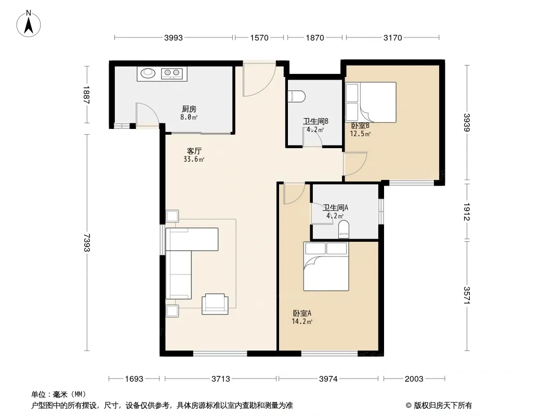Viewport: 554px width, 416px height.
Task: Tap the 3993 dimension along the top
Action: [174, 38]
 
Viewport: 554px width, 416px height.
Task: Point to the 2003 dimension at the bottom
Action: [414, 379]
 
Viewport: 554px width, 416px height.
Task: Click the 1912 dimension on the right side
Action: [467, 211]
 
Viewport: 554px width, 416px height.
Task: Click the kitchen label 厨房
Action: [189, 109]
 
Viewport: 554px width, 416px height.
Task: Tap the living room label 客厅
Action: [194, 151]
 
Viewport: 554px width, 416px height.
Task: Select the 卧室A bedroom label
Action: [302, 313]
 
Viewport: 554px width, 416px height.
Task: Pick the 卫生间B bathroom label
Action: [316, 121]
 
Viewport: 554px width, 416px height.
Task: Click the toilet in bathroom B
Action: [297, 97]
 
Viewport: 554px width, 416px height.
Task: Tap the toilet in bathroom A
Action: [344, 229]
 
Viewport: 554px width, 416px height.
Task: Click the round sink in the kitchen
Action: [148, 73]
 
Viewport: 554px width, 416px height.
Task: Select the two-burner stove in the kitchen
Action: [172, 73]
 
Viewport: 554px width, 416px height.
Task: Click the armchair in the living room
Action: [215, 304]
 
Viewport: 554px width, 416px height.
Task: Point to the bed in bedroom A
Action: [326, 266]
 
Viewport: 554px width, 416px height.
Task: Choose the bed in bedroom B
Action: [371, 102]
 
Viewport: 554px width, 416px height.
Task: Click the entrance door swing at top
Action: [259, 79]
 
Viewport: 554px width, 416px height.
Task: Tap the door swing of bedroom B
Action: [355, 164]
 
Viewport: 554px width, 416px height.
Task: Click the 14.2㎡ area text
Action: [302, 322]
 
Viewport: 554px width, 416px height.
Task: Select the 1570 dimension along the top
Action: [260, 38]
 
